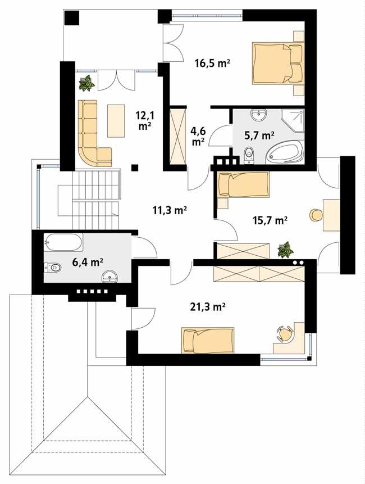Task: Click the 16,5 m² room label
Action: pos(213,64)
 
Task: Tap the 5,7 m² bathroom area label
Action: pos(259,135)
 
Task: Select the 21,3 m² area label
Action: pos(208,307)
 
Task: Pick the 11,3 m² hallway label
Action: pos(170,210)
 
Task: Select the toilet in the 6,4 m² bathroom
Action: pos(53,268)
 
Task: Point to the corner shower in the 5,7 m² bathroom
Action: pos(293,120)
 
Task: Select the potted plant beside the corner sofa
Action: pos(86,84)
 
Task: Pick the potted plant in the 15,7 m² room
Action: pos(286,249)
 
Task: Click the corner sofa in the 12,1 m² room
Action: pos(91,135)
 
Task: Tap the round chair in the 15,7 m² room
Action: pos(315,214)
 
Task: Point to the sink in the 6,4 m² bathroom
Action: pos(111,275)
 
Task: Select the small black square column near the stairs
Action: pos(135,167)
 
